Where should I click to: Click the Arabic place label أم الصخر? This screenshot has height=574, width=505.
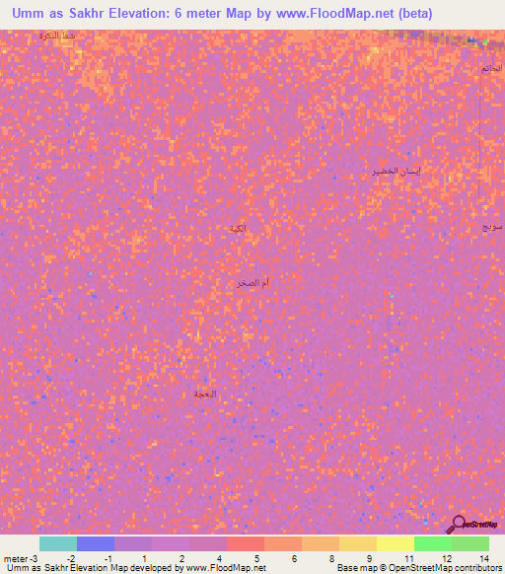pos(252,283)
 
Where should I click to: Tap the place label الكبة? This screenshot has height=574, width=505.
pos(238,229)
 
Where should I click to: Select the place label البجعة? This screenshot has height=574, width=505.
pos(203,394)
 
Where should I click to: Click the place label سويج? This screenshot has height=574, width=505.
pos(492,226)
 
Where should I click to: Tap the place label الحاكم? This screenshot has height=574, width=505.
pos(491,68)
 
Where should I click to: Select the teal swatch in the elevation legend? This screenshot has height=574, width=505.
pos(58,543)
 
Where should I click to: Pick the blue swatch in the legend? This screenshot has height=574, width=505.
pos(96,543)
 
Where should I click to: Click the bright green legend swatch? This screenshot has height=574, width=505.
pos(432,543)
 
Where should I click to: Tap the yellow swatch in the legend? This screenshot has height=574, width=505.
pos(395,543)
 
